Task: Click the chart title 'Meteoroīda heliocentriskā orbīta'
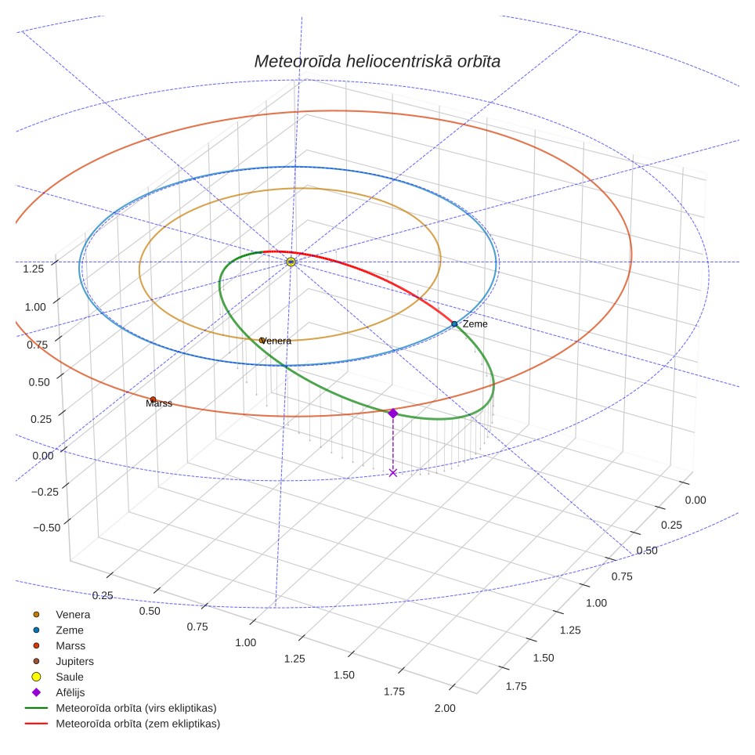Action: [377, 61]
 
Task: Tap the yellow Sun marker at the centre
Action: [291, 262]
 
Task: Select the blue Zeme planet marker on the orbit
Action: [454, 324]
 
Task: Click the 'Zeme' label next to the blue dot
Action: [475, 324]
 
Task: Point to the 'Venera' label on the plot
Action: [276, 341]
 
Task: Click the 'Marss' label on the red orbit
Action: [159, 403]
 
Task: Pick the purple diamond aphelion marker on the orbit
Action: [393, 413]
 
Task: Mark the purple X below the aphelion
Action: [393, 473]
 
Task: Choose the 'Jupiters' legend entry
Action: [74, 661]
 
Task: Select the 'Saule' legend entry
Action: [70, 677]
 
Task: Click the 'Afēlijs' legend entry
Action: [70, 692]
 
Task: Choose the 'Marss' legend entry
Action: [70, 645]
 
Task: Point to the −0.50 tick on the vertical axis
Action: [47, 527]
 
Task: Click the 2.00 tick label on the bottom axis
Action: [444, 708]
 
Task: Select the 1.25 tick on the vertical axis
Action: [33, 269]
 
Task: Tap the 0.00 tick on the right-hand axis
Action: [695, 500]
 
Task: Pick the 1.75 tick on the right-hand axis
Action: [516, 686]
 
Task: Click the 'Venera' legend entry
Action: [73, 614]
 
